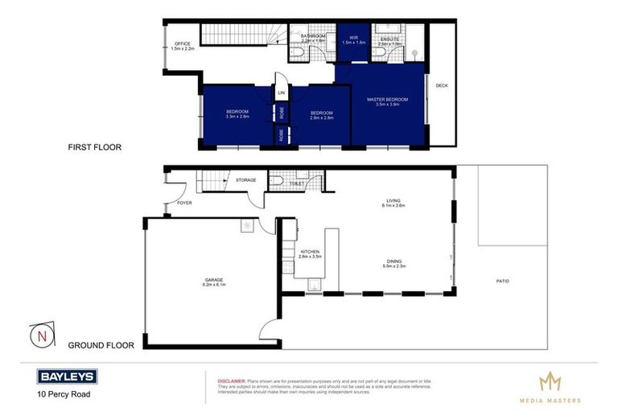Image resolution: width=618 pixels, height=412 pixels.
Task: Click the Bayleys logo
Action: pyautogui.click(x=66, y=376)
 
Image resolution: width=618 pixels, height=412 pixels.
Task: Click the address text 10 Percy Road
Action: pyautogui.click(x=62, y=394)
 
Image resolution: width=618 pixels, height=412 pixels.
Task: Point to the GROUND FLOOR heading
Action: pyautogui.click(x=101, y=345)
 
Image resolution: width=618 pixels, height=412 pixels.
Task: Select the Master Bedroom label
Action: pyautogui.click(x=387, y=100)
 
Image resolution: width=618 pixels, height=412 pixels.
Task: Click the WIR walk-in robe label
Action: pyautogui.click(x=353, y=37)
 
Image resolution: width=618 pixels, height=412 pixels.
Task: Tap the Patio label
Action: pyautogui.click(x=502, y=281)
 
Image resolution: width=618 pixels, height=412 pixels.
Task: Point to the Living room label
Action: pyautogui.click(x=393, y=201)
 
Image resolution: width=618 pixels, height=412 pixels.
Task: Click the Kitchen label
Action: pyautogui.click(x=311, y=252)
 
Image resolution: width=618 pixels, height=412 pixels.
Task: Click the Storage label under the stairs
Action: pyautogui.click(x=246, y=180)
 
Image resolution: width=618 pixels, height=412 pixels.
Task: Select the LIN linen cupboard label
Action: pyautogui.click(x=281, y=93)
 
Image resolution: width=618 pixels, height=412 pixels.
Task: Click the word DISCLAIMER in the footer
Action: pyautogui.click(x=232, y=378)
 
